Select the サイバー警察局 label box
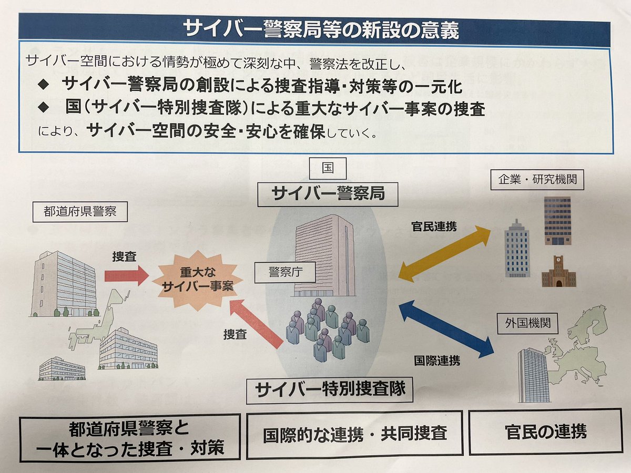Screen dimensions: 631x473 coord(327,193)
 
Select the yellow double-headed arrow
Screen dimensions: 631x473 coord(444,253)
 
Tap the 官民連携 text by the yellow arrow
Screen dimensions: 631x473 coord(434,227)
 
